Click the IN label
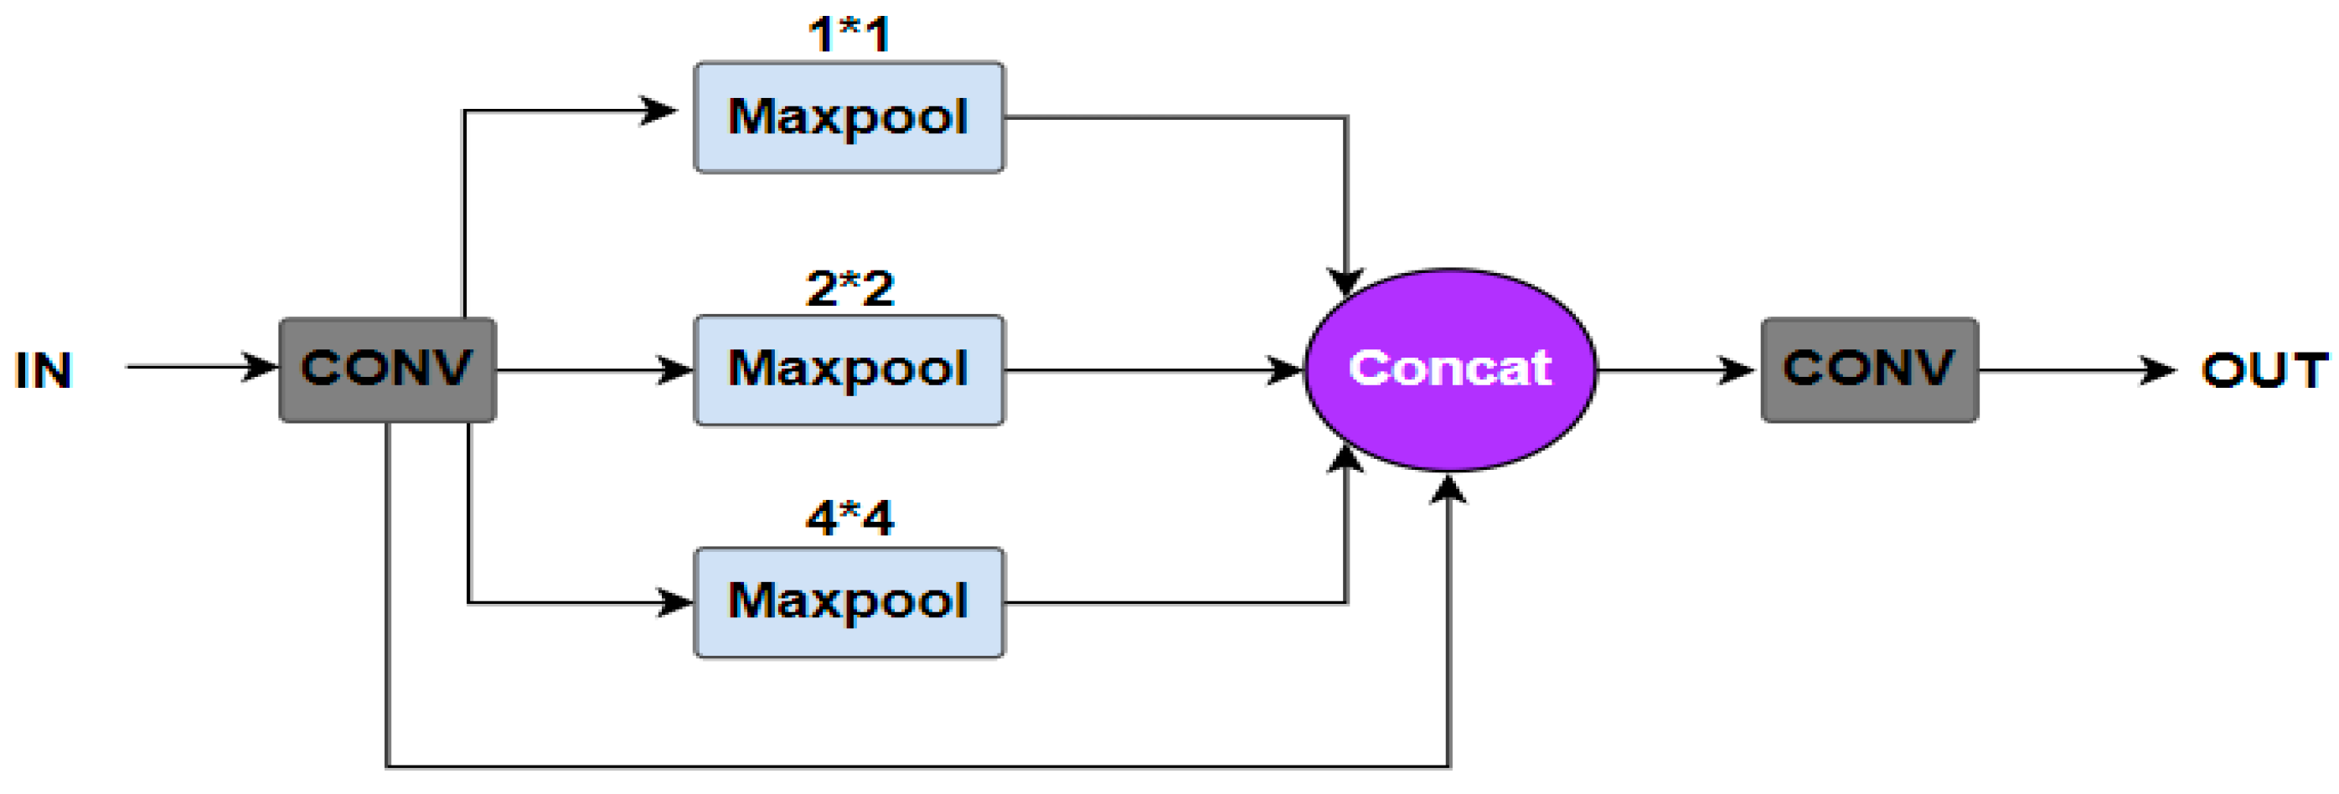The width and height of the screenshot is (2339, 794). (44, 370)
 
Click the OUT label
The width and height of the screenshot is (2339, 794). (2264, 370)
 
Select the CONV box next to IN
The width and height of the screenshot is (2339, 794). (387, 369)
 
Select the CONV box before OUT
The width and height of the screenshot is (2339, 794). (1869, 369)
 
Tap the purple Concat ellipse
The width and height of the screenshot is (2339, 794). (1450, 369)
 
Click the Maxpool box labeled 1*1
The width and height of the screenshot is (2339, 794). (848, 117)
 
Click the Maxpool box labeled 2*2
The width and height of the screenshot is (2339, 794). (848, 369)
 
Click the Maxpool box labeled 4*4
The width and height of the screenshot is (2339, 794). (848, 601)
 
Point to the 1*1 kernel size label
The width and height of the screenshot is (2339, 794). (848, 34)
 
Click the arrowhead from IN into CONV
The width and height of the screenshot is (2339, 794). (261, 367)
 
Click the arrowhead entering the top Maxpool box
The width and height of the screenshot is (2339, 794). (659, 111)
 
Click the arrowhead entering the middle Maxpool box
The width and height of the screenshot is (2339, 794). (675, 369)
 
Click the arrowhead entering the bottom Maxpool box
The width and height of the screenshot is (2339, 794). (675, 601)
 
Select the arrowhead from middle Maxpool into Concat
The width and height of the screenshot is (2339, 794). (1286, 369)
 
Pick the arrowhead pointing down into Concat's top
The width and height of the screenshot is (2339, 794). (1345, 281)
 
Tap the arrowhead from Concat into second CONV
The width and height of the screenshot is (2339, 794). (1737, 369)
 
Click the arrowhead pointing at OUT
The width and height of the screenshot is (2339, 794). (2159, 369)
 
